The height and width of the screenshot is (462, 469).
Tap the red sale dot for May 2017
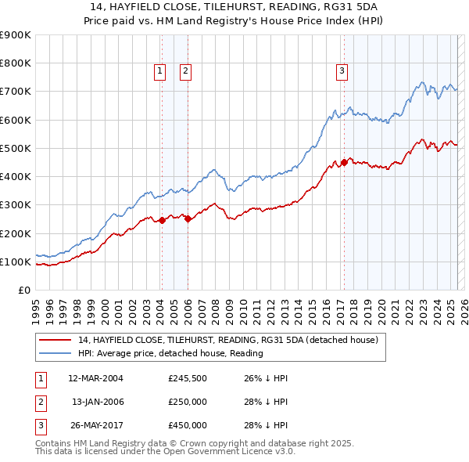[344, 163]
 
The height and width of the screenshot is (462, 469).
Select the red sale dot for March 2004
[162, 221]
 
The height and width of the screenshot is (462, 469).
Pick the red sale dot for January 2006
[188, 219]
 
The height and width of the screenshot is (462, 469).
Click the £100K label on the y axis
[16, 262]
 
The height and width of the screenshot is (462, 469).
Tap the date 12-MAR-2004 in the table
[96, 378]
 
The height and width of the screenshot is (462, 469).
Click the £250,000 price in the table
[188, 402]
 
